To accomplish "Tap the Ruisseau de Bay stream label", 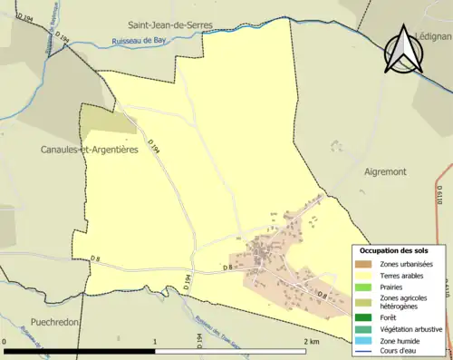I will [x=137, y=42].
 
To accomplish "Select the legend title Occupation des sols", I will [x=394, y=250].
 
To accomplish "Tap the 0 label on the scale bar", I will [x=5, y=342].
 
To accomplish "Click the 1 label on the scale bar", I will [x=155, y=342].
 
